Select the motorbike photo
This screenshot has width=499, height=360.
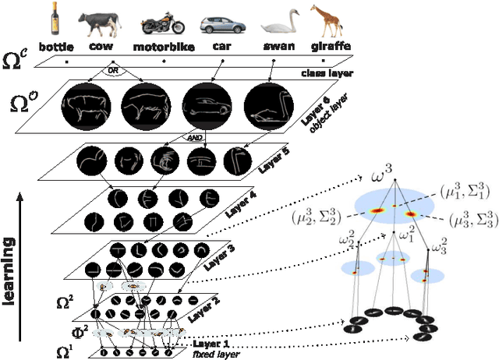163,23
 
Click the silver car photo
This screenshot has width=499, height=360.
220,24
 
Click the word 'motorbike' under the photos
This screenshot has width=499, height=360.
163,47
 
